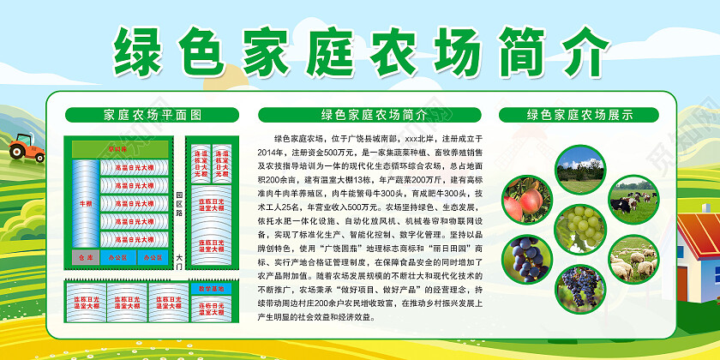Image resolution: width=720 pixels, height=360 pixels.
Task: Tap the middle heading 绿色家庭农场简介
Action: click(374, 114)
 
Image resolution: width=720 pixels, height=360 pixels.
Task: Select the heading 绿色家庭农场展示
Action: click(579, 114)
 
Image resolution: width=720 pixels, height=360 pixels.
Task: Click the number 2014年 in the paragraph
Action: click(272, 150)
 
